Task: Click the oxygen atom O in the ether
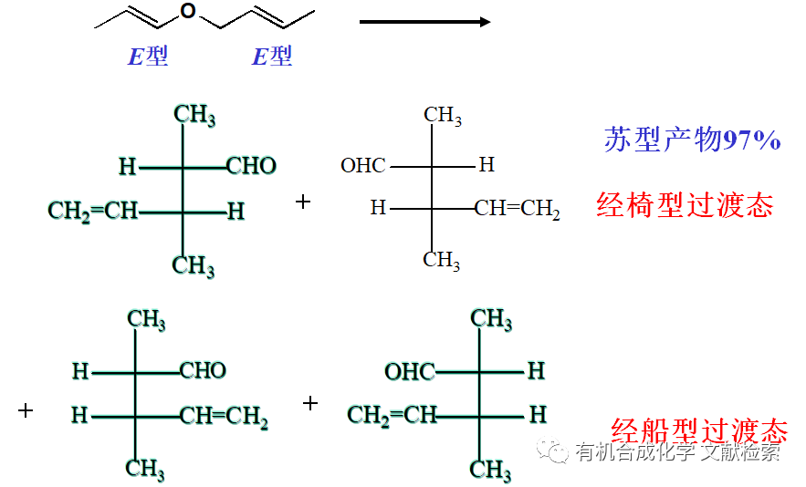[x=188, y=12]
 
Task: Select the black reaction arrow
[x=425, y=21]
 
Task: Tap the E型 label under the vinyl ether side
[x=147, y=57]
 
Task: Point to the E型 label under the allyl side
[x=272, y=57]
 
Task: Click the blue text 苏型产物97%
[x=692, y=140]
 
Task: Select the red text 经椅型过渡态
[x=685, y=204]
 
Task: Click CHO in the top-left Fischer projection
[x=251, y=166]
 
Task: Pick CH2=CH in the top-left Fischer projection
[x=93, y=212]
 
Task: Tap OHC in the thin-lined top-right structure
[x=363, y=166]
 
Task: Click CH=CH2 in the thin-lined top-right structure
[x=517, y=210]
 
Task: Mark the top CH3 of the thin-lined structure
[x=443, y=115]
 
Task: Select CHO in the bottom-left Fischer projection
[x=203, y=370]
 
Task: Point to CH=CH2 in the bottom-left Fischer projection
[x=223, y=417]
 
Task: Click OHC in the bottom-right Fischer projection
[x=409, y=371]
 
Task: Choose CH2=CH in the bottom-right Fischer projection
[x=392, y=416]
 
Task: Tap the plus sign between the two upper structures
[x=303, y=201]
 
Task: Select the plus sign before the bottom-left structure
[x=26, y=410]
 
